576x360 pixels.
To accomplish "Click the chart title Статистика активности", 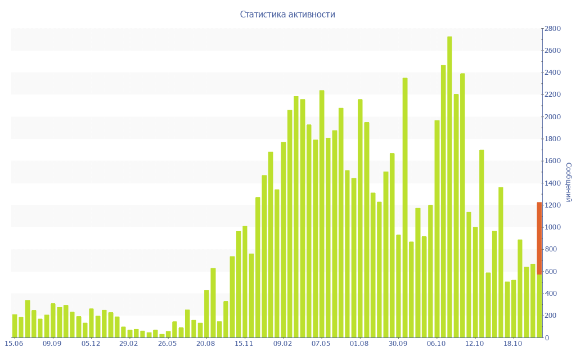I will [x=287, y=15].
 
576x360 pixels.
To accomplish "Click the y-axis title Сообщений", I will [x=568, y=182].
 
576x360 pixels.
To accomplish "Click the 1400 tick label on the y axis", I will [x=552, y=183].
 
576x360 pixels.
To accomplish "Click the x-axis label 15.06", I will [x=13, y=344].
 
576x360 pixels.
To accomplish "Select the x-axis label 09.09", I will [x=52, y=344].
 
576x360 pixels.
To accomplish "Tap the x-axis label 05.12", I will [x=91, y=344].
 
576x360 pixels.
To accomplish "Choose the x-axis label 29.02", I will [x=129, y=344].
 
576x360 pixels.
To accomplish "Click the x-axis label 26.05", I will [x=168, y=344].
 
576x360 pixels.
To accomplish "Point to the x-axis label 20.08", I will [x=206, y=344].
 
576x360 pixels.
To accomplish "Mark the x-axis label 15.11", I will [x=244, y=344].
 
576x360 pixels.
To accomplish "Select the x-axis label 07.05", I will [x=321, y=344].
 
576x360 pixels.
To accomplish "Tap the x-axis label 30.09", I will [x=398, y=344].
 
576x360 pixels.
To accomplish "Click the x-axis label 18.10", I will [x=513, y=344].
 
